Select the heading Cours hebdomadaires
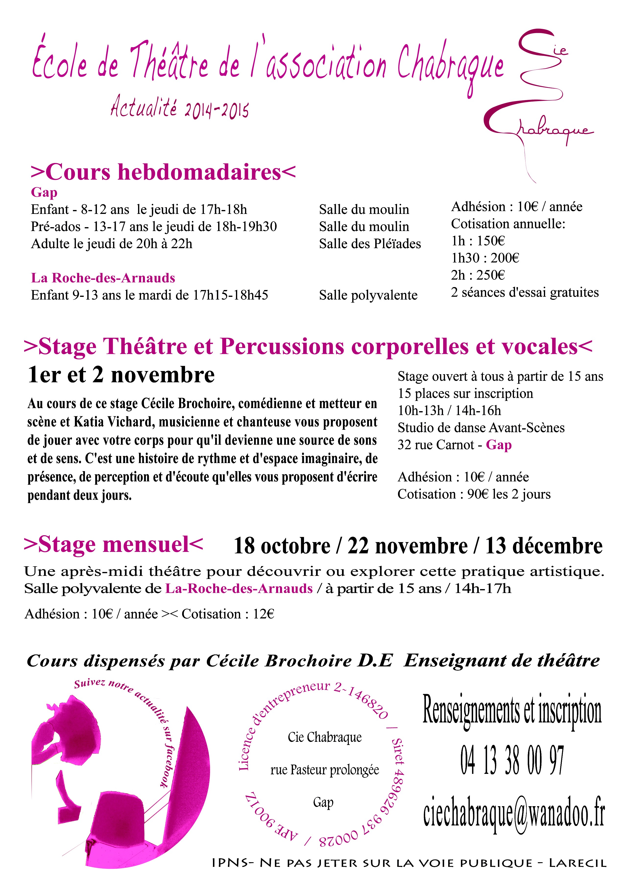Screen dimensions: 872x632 [x=163, y=172]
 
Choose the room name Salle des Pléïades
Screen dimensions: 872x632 [x=370, y=244]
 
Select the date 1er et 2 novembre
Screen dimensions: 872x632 [x=121, y=375]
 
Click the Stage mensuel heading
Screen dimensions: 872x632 [x=113, y=545]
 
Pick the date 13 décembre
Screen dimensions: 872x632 [x=544, y=546]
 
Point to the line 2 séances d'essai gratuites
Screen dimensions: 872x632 [x=525, y=292]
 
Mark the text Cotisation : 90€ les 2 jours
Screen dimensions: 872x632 [x=474, y=494]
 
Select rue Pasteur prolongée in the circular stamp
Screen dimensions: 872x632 [x=325, y=770]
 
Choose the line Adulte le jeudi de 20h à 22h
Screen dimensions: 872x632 [x=111, y=244]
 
